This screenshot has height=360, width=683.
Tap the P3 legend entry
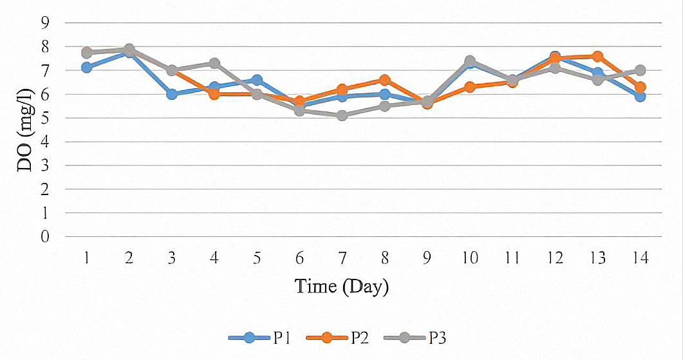(x=422, y=337)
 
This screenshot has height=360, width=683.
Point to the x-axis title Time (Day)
(x=342, y=285)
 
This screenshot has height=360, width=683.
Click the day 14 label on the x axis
(x=640, y=258)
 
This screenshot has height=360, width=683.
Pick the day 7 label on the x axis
(x=342, y=258)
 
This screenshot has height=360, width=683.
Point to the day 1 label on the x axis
(x=86, y=258)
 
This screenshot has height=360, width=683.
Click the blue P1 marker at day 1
(x=86, y=68)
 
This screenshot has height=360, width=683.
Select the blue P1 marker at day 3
(x=172, y=94)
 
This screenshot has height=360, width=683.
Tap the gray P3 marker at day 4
(x=214, y=63)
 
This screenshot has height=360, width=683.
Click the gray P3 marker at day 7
(x=342, y=115)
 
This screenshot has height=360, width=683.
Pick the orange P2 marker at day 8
(x=384, y=80)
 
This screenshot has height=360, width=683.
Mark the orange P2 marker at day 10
(x=470, y=87)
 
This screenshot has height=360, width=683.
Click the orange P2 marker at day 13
(x=597, y=57)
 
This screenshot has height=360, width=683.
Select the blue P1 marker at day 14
(x=640, y=96)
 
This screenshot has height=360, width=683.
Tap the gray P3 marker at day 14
(x=640, y=70)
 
